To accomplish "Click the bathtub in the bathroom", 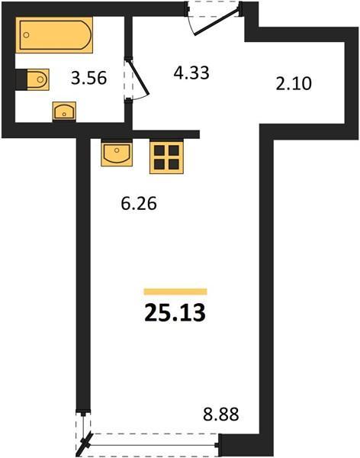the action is (54, 35).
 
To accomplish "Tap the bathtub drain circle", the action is (26, 35).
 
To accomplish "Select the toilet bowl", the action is (37, 79).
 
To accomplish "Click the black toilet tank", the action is (21, 79).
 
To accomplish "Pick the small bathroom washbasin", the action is (64, 111).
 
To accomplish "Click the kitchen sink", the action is (117, 153).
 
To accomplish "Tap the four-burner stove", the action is (166, 157).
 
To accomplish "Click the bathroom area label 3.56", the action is (88, 79).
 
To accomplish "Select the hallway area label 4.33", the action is (191, 73).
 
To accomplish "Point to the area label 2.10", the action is (294, 83).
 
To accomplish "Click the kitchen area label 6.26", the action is (139, 203).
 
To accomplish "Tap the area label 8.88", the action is (221, 414).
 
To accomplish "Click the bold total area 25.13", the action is (175, 312).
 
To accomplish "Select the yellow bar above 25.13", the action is (175, 292).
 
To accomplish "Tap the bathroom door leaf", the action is (138, 77).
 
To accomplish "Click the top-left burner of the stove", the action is (159, 150).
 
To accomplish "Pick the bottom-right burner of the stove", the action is (174, 164).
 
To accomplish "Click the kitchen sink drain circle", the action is (117, 150).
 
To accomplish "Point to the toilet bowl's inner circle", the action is (40, 79).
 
